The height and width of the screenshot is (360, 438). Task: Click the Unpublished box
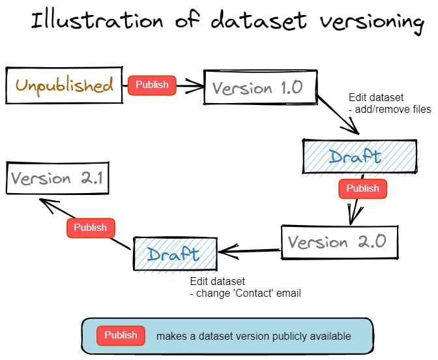tap(64, 85)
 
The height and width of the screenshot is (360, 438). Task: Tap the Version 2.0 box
tap(338, 243)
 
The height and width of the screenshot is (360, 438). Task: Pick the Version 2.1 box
tap(57, 178)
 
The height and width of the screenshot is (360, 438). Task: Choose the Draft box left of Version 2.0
tap(175, 254)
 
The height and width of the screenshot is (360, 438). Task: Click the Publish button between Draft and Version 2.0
tap(362, 188)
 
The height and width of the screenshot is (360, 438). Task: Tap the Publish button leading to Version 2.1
tap(90, 228)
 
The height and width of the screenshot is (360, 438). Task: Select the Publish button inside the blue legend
tap(121, 335)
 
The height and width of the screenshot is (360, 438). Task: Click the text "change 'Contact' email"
tap(248, 293)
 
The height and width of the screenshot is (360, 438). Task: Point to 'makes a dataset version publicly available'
tap(254, 337)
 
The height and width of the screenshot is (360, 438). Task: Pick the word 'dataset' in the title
tap(258, 21)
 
